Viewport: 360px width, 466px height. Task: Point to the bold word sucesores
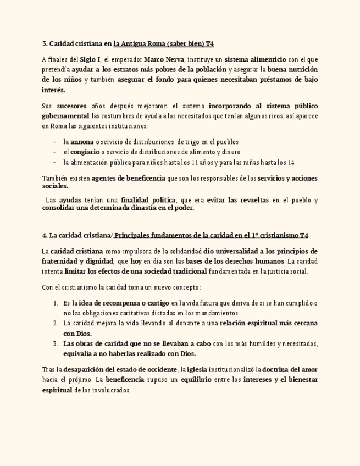pos(71,106)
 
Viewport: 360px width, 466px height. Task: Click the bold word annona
pos(82,142)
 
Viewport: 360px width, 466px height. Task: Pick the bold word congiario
pos(85,152)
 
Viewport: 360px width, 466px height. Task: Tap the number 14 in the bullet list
pos(291,163)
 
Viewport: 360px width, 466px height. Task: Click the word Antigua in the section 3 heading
pos(134,43)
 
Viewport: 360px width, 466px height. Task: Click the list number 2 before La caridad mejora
pos(56,323)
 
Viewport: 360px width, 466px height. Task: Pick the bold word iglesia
pos(197,369)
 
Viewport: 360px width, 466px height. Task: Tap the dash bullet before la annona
pos(55,142)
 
